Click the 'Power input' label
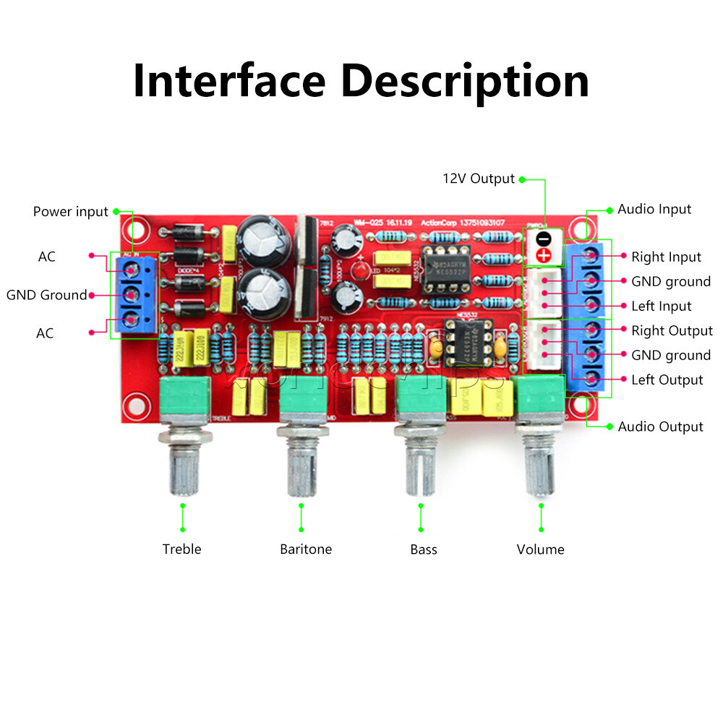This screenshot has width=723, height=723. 70,212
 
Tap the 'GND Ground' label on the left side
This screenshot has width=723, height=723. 46,295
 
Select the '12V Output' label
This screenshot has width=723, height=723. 478,179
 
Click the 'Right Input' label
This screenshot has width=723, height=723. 666,257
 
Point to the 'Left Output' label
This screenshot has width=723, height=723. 667,380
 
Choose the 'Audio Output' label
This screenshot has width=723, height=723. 660,427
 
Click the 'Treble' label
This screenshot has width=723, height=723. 181,549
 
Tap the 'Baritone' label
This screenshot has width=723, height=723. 306,549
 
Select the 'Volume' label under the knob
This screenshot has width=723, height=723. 540,549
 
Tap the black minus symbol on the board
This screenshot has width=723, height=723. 544,238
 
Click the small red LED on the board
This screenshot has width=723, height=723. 359,271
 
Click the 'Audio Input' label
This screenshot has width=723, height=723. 654,209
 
